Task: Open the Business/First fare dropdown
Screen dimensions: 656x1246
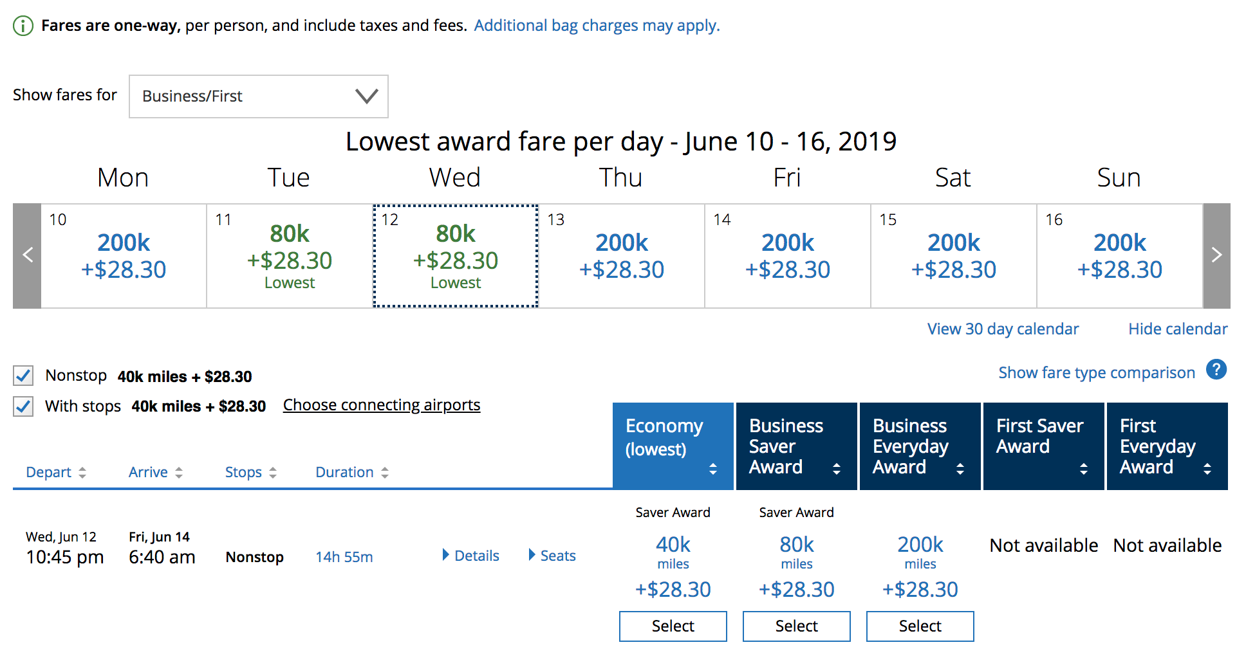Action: pyautogui.click(x=258, y=96)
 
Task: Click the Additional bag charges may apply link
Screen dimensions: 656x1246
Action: pyautogui.click(x=597, y=26)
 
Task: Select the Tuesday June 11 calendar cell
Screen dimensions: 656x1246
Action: pyautogui.click(x=290, y=256)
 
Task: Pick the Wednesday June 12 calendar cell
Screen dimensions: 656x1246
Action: pyautogui.click(x=456, y=256)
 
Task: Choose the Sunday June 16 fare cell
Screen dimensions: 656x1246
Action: pyautogui.click(x=1119, y=256)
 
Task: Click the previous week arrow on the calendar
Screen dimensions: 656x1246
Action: pyautogui.click(x=27, y=256)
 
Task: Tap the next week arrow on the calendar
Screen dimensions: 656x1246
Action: pyautogui.click(x=1216, y=256)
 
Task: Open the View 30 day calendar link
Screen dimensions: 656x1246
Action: pyautogui.click(x=1003, y=329)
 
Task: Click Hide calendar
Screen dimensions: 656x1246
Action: pyautogui.click(x=1178, y=329)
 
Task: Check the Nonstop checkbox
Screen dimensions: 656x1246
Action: pyautogui.click(x=24, y=376)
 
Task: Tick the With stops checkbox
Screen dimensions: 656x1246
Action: pyautogui.click(x=24, y=406)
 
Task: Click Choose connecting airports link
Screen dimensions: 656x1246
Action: pyautogui.click(x=382, y=405)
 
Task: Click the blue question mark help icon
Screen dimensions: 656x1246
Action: pyautogui.click(x=1216, y=370)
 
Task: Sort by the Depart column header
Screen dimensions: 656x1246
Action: pyautogui.click(x=55, y=473)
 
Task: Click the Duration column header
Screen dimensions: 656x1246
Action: pyautogui.click(x=351, y=473)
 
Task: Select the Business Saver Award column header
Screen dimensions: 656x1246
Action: pyautogui.click(x=795, y=446)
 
